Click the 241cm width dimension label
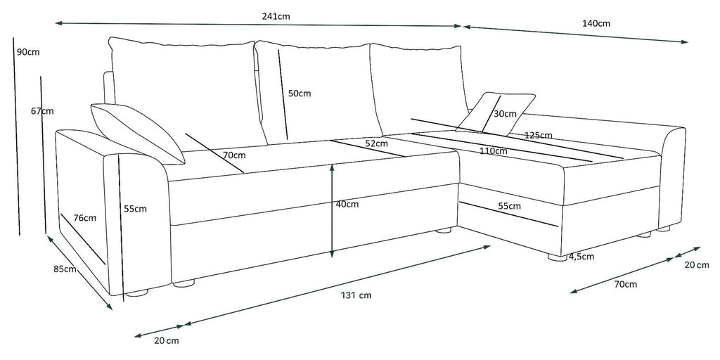276,17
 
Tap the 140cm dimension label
596,23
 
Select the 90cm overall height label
28,52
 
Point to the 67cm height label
42,110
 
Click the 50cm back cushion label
300,94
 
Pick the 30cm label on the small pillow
505,113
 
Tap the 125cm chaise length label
539,136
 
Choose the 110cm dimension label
494,150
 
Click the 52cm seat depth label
377,143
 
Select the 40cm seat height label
347,205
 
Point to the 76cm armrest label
85,218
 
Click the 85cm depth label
65,269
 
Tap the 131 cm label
356,295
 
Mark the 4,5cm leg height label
581,256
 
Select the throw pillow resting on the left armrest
138,134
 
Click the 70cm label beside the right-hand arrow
625,284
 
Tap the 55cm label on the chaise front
510,206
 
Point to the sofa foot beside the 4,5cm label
558,257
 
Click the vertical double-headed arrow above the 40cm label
332,211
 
